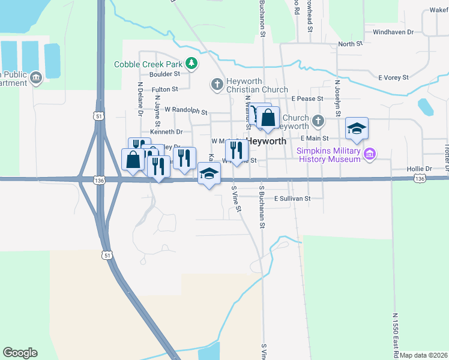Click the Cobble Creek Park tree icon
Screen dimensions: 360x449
pos(191,62)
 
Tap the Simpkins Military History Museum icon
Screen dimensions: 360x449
pos(370,154)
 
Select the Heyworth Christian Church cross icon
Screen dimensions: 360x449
pos(217,84)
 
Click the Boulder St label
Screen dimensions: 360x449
pos(165,74)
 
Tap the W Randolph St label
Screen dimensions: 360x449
pos(185,111)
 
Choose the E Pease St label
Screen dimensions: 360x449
pos(307,98)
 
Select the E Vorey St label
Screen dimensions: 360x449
pos(393,77)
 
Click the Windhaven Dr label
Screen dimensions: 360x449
pos(393,32)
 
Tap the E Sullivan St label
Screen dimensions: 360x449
pos(292,198)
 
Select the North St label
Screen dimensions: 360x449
pos(351,44)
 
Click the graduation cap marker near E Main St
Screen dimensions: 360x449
pos(357,128)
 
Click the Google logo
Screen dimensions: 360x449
pos(20,352)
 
